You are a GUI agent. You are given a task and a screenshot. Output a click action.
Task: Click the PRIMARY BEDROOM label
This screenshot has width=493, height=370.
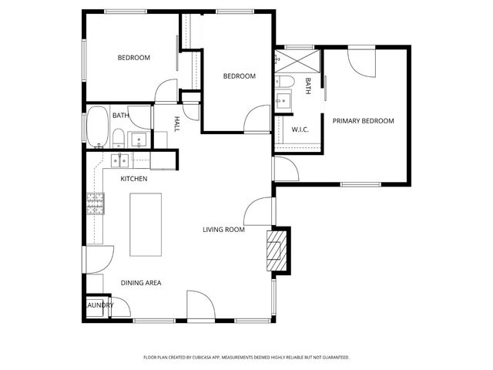tap(363, 121)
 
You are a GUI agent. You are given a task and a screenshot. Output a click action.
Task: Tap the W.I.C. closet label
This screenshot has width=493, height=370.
tap(300, 129)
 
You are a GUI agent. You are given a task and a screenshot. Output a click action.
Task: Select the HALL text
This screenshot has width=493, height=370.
tap(176, 123)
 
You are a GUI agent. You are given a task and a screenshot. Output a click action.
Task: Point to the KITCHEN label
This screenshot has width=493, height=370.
tap(133, 179)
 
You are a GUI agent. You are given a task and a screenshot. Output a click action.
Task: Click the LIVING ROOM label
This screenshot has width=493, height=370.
tap(223, 230)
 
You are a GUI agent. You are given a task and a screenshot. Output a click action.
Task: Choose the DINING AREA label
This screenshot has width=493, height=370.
tap(140, 283)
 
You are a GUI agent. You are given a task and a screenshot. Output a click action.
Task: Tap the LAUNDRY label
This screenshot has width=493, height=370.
tap(99, 305)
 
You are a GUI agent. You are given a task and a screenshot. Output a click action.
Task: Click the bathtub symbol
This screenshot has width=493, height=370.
tap(97, 127)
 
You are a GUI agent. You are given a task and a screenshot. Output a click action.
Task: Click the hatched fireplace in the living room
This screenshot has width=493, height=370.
tap(274, 251)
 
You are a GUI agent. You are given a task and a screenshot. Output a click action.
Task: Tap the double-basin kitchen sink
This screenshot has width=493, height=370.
tap(120, 160)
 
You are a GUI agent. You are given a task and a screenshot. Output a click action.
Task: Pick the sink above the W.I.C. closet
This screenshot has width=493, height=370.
tap(283, 100)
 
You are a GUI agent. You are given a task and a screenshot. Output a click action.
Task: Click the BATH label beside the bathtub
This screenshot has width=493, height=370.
tap(120, 116)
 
